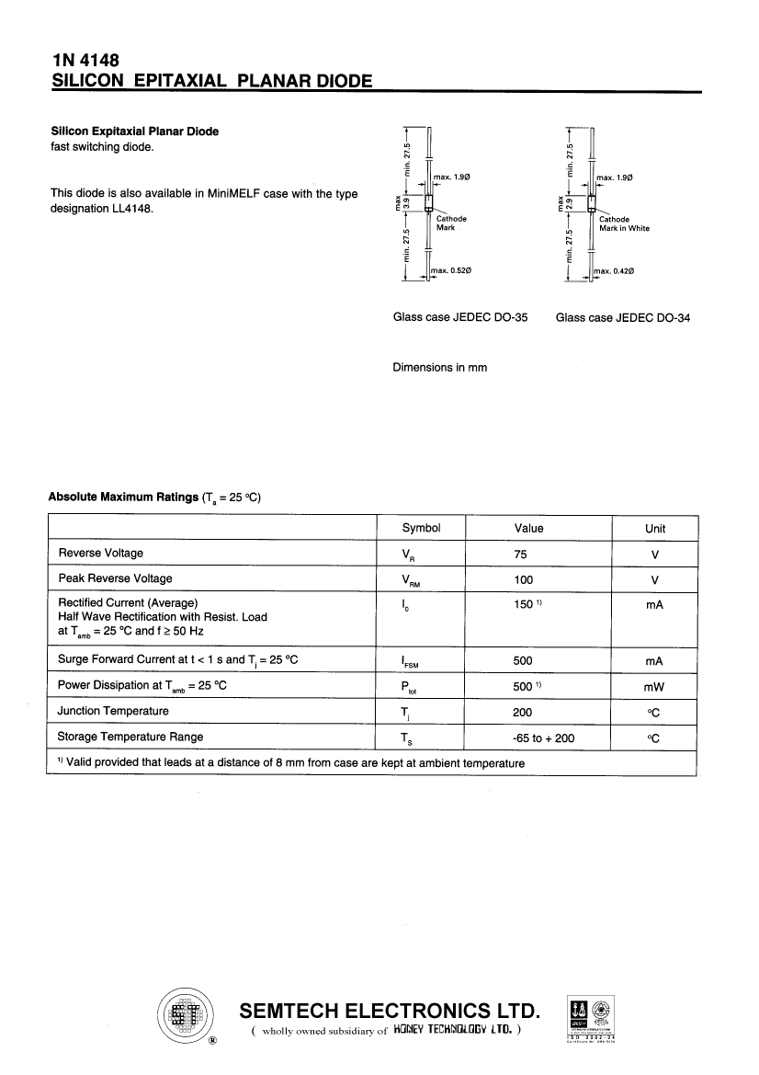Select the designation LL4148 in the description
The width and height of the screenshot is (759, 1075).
point(130,208)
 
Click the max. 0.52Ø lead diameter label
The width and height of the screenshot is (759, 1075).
point(451,270)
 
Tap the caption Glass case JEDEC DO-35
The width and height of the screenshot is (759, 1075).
point(460,317)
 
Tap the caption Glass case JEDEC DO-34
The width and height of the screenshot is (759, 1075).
point(623,317)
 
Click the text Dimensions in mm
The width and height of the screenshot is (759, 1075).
point(439,367)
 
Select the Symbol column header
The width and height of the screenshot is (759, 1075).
point(421,528)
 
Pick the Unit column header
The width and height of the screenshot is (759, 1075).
point(655,529)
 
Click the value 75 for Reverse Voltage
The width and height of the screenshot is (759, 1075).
point(521,554)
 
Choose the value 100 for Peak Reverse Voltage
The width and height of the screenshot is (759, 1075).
point(524,579)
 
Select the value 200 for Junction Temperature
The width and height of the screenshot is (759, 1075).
point(523,712)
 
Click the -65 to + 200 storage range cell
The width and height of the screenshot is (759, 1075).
point(543,738)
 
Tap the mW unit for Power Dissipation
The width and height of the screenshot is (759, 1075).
point(654,686)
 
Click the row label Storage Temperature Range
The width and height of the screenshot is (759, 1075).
point(130,737)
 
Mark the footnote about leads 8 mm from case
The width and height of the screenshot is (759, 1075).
point(290,763)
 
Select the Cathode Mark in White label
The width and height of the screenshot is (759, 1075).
point(624,223)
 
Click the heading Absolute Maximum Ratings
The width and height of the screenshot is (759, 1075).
point(122,497)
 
